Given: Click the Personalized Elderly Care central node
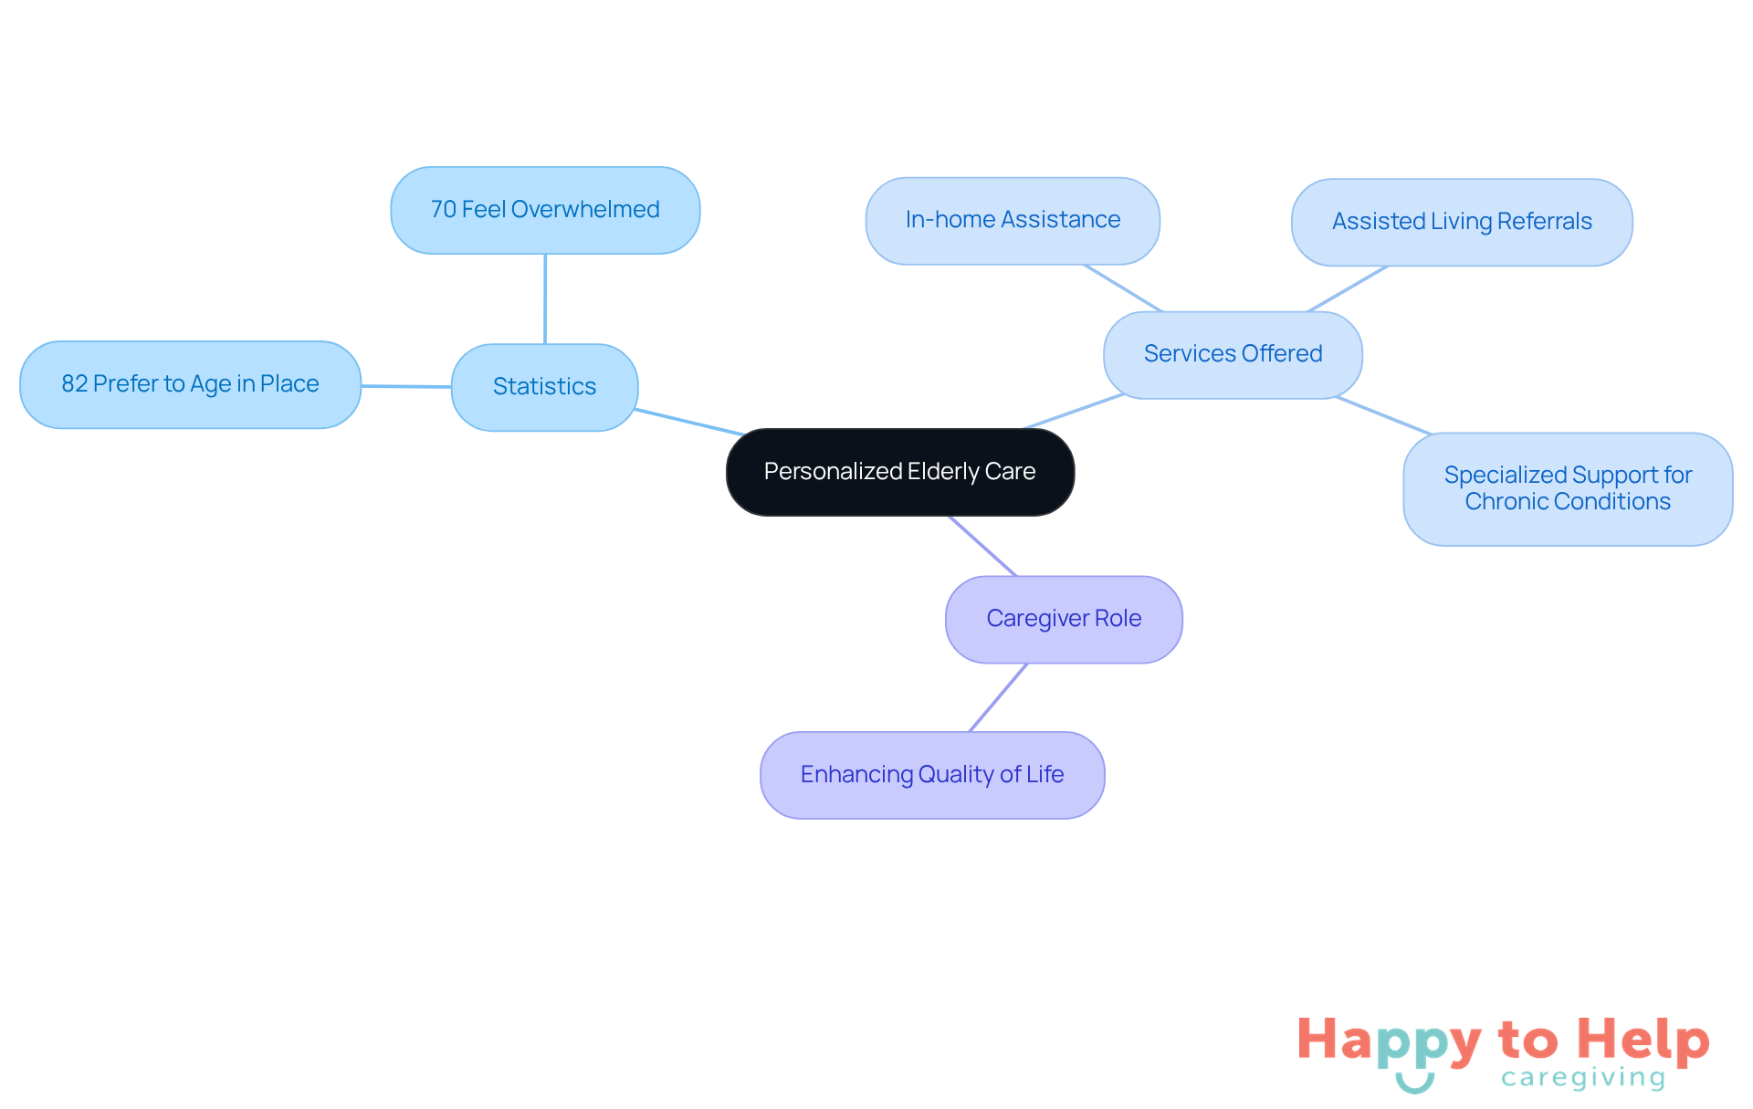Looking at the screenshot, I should tap(899, 472).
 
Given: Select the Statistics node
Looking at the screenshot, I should tap(544, 387).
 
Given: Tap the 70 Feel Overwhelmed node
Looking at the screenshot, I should tap(545, 210).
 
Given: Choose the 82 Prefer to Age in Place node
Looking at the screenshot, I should tap(190, 384).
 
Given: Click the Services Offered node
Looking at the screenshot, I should tap(1233, 354).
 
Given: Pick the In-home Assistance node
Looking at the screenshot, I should tap(1013, 220).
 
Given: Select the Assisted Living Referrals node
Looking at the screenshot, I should tap(1462, 222).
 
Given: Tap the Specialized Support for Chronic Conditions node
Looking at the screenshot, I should tap(1568, 488).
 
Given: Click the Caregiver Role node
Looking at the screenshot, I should tap(1064, 619).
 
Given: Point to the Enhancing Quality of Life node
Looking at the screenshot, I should tap(932, 775).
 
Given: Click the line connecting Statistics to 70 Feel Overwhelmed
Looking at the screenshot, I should tap(545, 299).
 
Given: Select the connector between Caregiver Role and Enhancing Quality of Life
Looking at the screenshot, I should tap(998, 698).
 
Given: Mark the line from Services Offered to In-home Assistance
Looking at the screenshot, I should tap(1123, 288).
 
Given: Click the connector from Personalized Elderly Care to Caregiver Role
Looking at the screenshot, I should tap(982, 546).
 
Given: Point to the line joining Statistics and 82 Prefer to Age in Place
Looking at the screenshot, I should tap(406, 386).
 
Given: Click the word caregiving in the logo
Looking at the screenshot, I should tap(1583, 1078).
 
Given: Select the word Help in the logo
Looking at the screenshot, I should tap(1643, 1041).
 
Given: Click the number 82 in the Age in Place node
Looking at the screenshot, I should tap(74, 384).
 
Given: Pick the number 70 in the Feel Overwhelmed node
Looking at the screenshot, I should tap(443, 210).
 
